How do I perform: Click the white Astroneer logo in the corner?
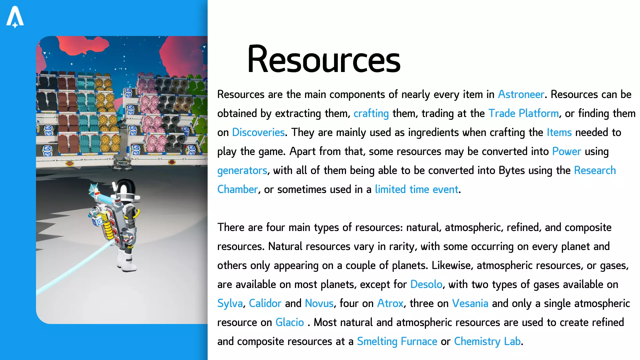point(15,17)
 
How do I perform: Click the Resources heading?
point(324,59)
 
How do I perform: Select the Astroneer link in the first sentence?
point(521,94)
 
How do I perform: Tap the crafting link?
point(371,114)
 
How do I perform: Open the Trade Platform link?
point(524,113)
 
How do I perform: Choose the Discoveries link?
point(258,132)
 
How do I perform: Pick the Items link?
point(559,132)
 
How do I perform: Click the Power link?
point(567,151)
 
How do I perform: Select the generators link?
point(242,171)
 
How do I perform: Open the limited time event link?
point(417,189)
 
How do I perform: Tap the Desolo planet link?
point(426,284)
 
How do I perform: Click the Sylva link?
point(230,304)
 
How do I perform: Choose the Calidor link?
point(265,303)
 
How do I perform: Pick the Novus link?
point(319,303)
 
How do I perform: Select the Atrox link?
point(390,303)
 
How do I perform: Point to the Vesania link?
point(470,303)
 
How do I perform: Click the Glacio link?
point(290,322)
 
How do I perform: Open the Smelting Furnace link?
point(397,342)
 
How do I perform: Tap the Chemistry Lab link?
point(487,342)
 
